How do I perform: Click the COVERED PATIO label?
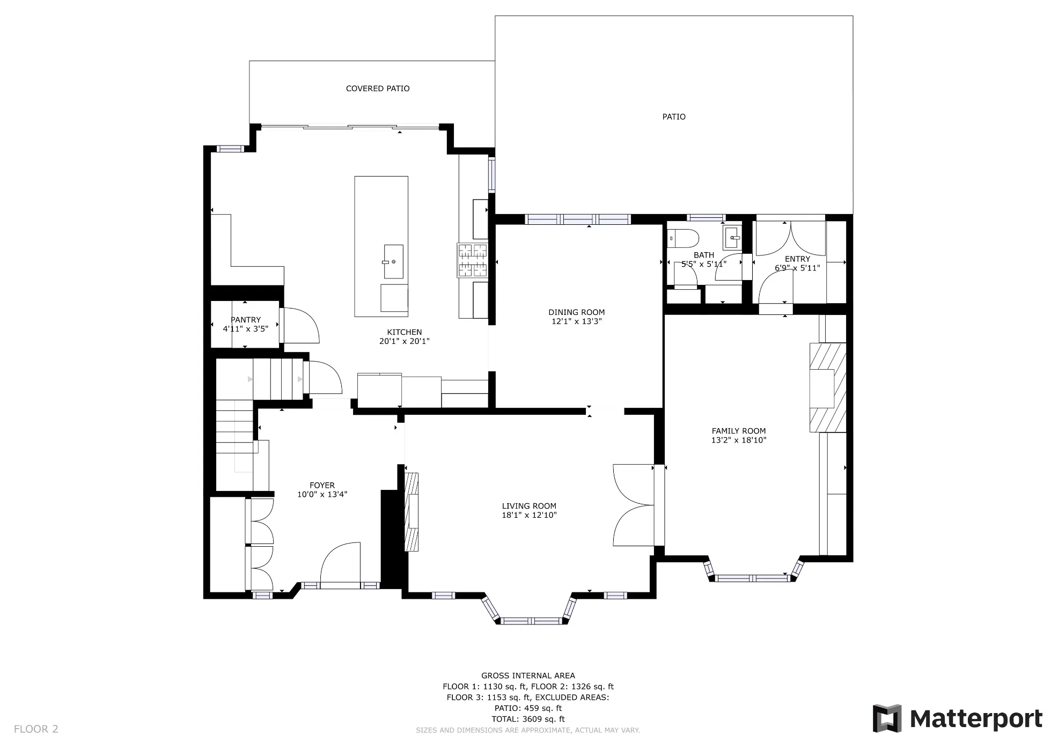pos(377,89)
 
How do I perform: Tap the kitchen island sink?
pos(393,261)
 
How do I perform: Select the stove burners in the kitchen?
pos(472,260)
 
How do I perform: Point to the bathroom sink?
pos(732,237)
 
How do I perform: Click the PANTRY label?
pos(246,320)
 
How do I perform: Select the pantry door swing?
pos(301,325)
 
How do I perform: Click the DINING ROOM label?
pos(576,312)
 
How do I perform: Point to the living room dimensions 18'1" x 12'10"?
pos(529,516)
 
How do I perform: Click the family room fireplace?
pos(827,388)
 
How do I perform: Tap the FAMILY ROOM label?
pos(739,431)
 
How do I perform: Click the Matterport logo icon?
pos(887,718)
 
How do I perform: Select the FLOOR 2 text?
pos(36,729)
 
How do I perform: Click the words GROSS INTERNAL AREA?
pos(528,676)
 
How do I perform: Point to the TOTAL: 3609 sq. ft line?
pos(528,719)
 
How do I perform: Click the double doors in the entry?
pos(790,238)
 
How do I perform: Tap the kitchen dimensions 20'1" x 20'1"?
pos(405,341)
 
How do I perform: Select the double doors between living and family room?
pos(633,505)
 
